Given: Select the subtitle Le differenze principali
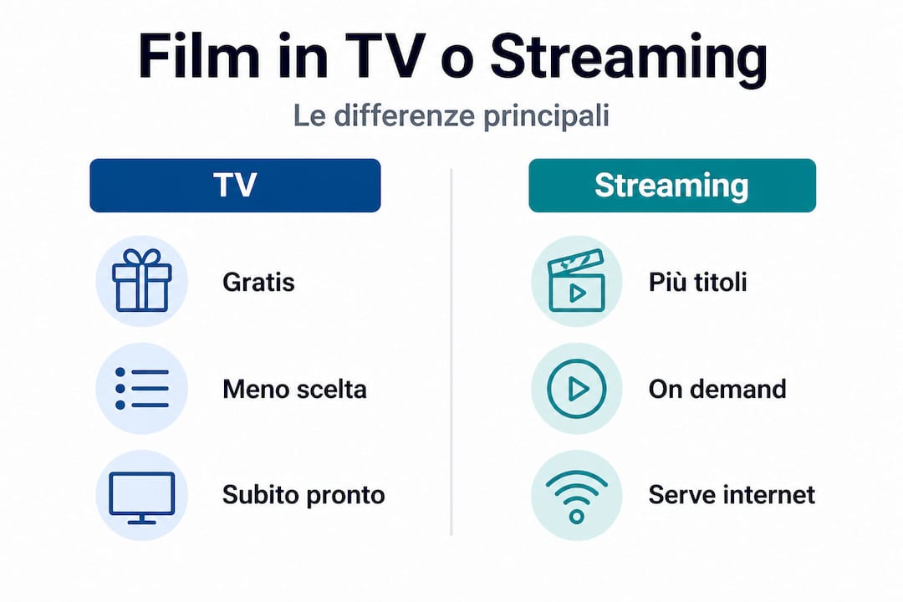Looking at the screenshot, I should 451,116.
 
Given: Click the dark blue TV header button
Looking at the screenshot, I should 235,185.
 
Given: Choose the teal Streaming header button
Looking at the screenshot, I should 671,185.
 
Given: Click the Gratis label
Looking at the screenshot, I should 258,282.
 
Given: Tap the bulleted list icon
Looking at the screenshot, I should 141,388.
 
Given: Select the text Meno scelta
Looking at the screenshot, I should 293,389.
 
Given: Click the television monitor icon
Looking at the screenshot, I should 141,496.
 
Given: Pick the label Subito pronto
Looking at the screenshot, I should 303,495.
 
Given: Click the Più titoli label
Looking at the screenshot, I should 697,282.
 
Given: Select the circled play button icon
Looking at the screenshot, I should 576,388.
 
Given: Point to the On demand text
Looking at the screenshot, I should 717,389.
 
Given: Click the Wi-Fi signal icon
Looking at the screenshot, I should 576,496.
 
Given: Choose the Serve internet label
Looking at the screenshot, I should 731,495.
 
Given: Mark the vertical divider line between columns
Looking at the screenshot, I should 451,351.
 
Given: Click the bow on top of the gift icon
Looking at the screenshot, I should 141,257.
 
